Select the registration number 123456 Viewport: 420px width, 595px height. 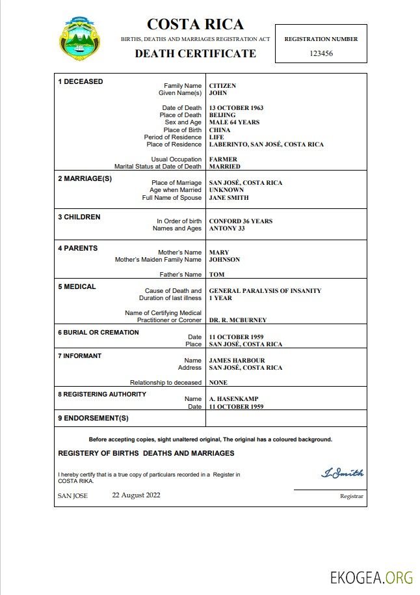[321, 53]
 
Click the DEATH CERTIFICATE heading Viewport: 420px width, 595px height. [195, 53]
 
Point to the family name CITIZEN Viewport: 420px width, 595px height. [222, 86]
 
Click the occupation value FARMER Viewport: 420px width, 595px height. [223, 159]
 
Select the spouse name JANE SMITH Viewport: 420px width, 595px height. [229, 198]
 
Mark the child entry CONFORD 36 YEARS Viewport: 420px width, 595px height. [241, 221]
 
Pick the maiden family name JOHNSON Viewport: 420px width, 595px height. [224, 260]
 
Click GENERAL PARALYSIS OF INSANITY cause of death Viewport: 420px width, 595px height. [265, 291]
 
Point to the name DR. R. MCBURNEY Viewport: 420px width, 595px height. [237, 320]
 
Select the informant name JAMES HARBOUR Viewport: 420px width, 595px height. [237, 361]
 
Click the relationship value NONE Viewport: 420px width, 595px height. [218, 383]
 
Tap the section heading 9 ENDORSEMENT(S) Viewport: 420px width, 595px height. [93, 418]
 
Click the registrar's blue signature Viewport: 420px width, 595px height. [342, 473]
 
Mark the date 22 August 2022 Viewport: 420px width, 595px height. [136, 495]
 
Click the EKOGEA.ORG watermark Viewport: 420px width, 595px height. [371, 577]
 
